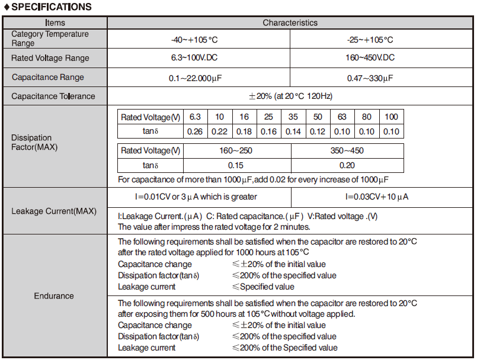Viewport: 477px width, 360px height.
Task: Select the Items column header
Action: [55, 23]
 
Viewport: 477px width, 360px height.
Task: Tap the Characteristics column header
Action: [290, 23]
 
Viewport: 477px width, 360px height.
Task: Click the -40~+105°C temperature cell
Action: [199, 39]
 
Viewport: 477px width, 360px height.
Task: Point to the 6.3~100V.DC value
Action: [199, 58]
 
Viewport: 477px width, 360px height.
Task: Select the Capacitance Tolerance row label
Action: [53, 96]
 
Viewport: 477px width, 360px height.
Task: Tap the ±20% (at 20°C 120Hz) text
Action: [290, 96]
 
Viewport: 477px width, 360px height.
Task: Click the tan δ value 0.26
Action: [195, 131]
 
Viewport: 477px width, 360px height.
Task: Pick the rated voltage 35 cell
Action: [293, 117]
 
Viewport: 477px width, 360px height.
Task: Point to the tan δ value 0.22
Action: [219, 131]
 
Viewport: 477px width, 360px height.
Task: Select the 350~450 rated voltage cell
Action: [347, 150]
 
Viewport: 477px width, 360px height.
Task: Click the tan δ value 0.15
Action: [236, 166]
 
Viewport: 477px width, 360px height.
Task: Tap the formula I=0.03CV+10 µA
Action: [377, 197]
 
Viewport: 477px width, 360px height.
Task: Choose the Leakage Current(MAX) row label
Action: [54, 211]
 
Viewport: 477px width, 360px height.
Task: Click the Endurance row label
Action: [54, 295]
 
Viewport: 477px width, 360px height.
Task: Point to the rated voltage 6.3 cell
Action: [195, 117]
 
